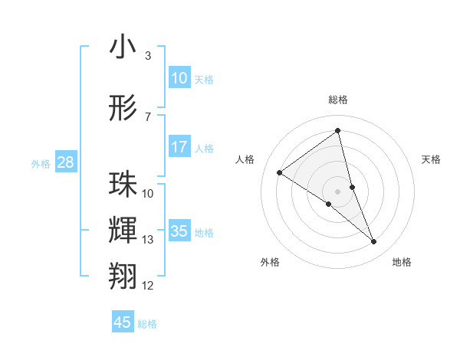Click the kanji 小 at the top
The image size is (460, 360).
pos(123,47)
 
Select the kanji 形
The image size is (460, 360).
pos(123,108)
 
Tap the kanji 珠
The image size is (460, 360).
pos(123,185)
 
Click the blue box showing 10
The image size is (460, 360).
pos(179,78)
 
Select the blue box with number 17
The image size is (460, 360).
pos(179,147)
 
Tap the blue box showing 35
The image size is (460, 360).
pos(179,231)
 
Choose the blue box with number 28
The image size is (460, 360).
pos(65,162)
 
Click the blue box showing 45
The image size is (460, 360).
pos(123,322)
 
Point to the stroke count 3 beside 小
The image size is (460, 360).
pos(148,56)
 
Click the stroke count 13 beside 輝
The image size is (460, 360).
pos(148,240)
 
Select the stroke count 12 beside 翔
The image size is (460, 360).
pos(148,286)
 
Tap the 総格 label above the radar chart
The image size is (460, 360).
pos(338,100)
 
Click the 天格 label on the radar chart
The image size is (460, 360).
pos(432,159)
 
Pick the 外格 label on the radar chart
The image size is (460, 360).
pos(270,263)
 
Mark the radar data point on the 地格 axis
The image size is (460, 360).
pos(374,242)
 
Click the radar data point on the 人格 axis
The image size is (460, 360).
pos(280,172)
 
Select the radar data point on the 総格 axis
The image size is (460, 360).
pos(338,131)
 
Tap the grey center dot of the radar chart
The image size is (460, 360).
pos(338,191)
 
